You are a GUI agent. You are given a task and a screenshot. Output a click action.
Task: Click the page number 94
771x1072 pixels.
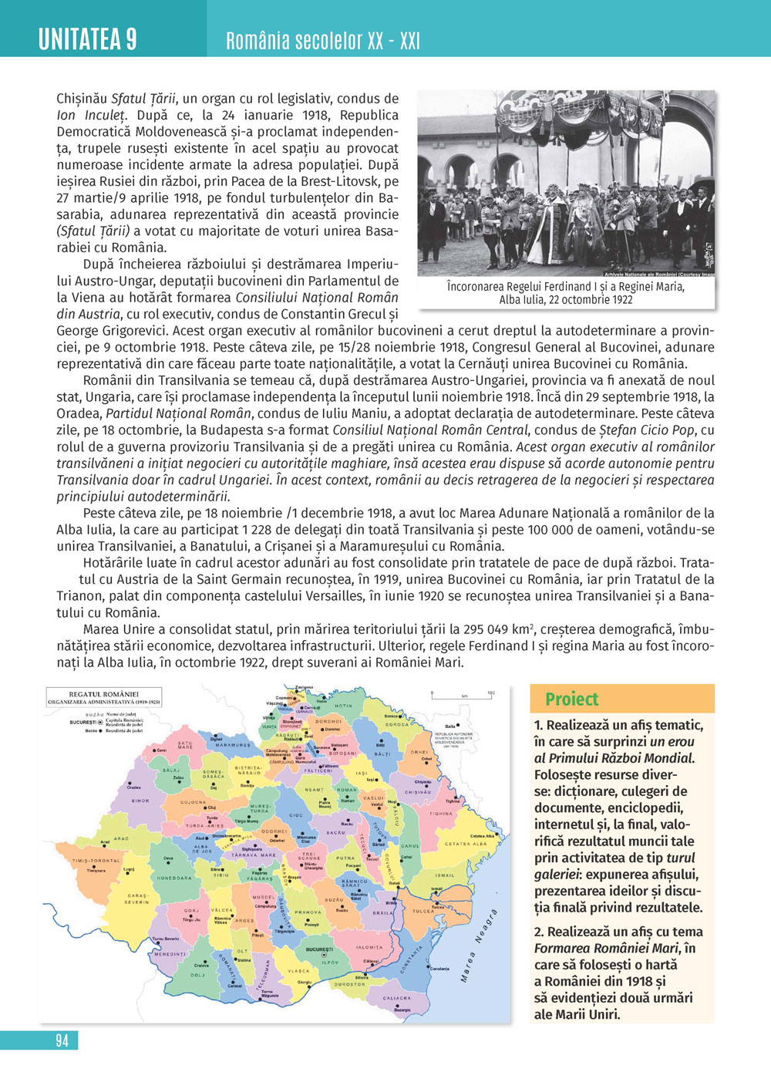62,1040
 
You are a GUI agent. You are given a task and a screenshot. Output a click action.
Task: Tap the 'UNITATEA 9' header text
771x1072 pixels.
88,39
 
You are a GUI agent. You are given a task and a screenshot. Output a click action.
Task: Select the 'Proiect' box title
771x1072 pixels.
571,699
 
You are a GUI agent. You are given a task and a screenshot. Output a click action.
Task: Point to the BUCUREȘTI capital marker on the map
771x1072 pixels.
319,953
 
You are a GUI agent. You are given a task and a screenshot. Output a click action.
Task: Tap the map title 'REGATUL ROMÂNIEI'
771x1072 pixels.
104,695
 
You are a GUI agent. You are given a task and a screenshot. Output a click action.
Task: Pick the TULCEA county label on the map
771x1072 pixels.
424,911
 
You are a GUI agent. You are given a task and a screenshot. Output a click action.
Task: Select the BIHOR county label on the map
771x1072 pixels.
140,801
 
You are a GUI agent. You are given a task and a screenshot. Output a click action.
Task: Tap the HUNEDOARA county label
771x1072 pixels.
174,878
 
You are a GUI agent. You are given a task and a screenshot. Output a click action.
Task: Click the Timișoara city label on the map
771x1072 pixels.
96,871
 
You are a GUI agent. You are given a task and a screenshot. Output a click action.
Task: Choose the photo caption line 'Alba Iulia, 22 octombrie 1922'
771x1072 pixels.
566,300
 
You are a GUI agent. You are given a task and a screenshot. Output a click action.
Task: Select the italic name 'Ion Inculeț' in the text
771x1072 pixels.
88,115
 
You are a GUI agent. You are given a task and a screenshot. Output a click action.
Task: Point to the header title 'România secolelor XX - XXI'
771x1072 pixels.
323,40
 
